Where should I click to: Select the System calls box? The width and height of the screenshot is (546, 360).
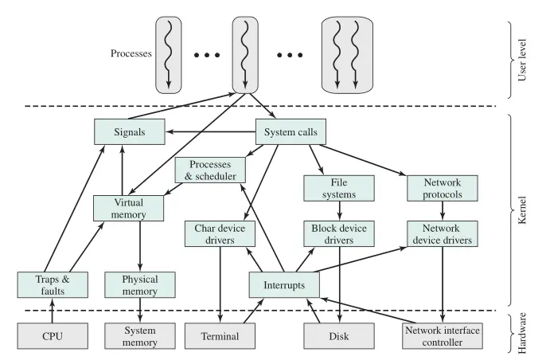[291, 132]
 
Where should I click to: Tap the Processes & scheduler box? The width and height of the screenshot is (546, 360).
[210, 169]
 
